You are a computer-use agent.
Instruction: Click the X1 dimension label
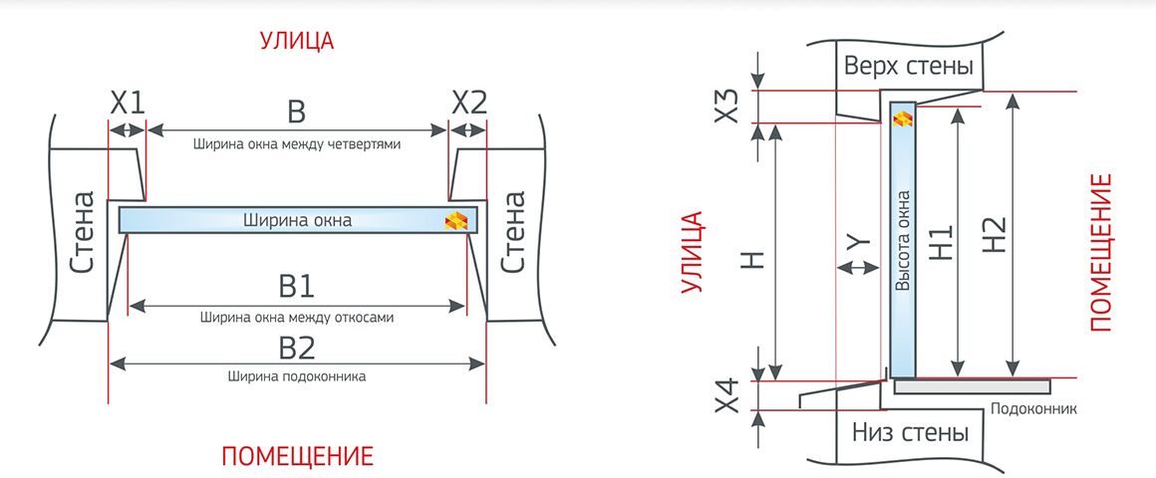coord(128,104)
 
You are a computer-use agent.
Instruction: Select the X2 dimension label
coord(469,104)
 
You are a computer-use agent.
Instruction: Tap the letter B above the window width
coord(296,112)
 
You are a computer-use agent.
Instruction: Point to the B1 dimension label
coord(296,287)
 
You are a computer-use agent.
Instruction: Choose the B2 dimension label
coord(296,347)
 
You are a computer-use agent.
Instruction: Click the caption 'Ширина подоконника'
coord(296,376)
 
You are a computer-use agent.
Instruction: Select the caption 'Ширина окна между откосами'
coord(296,319)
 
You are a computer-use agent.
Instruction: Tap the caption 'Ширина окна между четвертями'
coord(296,144)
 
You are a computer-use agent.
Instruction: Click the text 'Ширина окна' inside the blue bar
coord(297,220)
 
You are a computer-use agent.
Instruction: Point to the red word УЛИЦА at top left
coord(296,41)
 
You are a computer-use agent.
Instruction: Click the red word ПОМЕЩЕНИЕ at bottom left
coord(297,457)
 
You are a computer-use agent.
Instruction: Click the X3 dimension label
coord(726,107)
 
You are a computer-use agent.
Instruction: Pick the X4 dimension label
coord(726,395)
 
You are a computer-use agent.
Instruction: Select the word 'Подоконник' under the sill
coord(1034,408)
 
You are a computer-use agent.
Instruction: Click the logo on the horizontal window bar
coord(456,220)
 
